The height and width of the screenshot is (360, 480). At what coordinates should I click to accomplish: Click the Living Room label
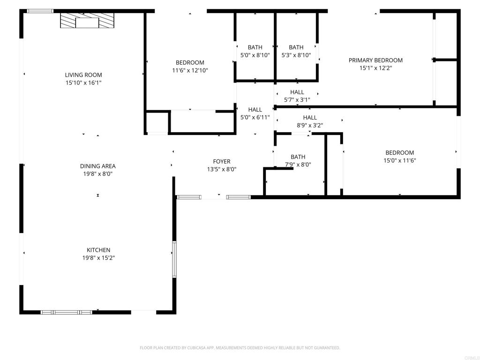pos(83,75)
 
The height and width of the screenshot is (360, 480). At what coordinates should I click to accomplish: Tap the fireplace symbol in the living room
pos(88,21)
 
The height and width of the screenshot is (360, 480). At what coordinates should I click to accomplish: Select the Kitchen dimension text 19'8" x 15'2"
pos(98,258)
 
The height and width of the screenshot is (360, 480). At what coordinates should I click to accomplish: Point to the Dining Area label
pos(97,166)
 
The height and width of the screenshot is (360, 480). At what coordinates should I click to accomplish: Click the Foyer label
pos(222,162)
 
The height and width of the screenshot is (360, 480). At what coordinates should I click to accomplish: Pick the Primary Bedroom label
pos(375,60)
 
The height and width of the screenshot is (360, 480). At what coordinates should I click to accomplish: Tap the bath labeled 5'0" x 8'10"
pos(255,47)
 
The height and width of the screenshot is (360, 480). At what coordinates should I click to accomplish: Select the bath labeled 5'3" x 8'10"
pos(296,47)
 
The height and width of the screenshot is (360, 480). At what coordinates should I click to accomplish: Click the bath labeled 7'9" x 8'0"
pos(298,157)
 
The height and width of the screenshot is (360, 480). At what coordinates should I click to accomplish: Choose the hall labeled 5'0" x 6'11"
pos(255,110)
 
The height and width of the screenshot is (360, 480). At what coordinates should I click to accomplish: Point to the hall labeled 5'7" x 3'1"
pos(297,92)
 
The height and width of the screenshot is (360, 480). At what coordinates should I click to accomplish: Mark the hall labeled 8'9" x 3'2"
pos(310,118)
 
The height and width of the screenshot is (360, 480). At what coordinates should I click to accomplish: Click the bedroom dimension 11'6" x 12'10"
pos(190,71)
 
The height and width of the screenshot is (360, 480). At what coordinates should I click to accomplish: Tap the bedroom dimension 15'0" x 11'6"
pos(400,160)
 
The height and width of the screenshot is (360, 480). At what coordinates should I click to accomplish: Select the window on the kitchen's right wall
pos(174,259)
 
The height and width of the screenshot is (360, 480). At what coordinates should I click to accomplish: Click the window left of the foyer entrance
pos(189,197)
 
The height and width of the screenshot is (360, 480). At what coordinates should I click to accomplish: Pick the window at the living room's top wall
pos(40,11)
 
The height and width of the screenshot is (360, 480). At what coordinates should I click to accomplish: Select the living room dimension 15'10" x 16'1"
pos(83,83)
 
